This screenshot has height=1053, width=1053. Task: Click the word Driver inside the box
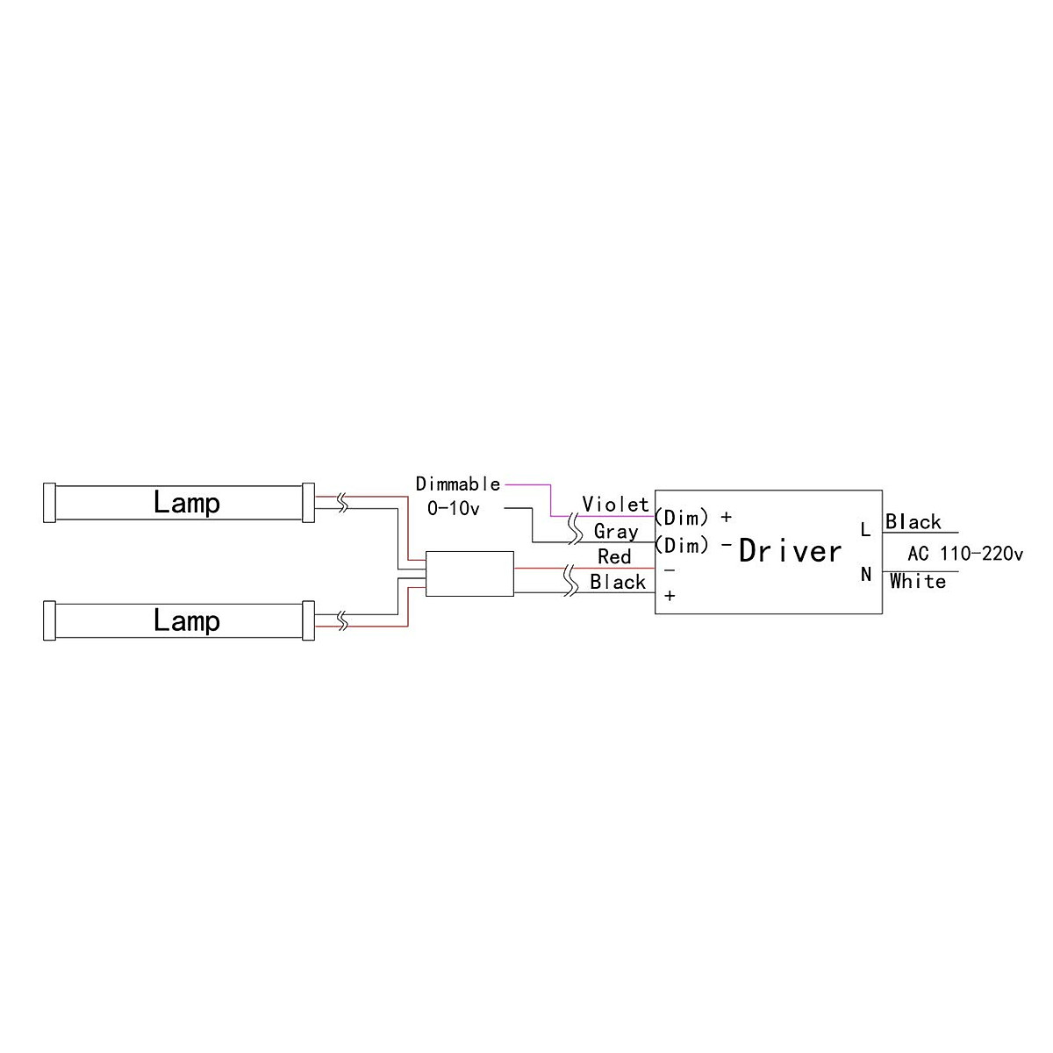tap(790, 551)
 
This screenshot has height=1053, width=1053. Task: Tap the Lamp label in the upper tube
tap(186, 503)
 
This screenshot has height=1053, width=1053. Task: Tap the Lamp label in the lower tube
tap(186, 620)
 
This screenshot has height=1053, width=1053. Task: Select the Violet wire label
tap(615, 505)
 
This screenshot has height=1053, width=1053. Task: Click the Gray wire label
tap(615, 531)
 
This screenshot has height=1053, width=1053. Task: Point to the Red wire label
tap(614, 556)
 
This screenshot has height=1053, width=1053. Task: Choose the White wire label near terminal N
tap(918, 581)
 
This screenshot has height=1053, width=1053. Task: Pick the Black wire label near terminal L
tap(913, 522)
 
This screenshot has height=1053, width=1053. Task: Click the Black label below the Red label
tap(618, 582)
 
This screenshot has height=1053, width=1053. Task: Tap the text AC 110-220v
tap(965, 554)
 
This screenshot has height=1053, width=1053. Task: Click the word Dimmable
tap(458, 484)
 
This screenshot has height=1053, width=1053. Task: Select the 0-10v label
tap(454, 508)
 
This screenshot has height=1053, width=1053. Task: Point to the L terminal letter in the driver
tap(865, 530)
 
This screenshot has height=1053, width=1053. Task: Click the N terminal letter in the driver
tap(866, 575)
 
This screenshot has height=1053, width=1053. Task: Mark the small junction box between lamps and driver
tap(469, 574)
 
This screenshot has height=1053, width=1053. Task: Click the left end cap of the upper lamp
tap(49, 503)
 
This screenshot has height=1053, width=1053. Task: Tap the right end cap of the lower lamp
tap(308, 620)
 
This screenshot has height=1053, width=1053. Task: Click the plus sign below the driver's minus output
tap(670, 596)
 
